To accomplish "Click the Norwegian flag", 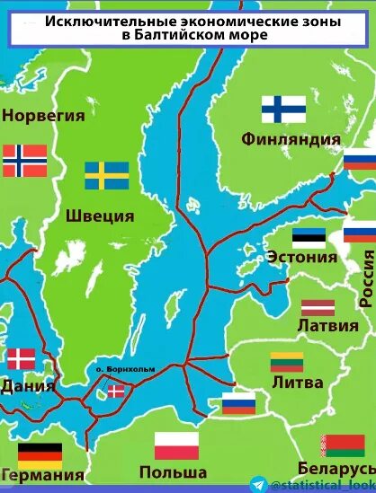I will point(24,161).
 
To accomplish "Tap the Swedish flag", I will point(107,175).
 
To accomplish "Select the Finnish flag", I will point(283,110).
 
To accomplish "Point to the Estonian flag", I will point(309,238).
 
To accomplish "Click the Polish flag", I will point(176,445).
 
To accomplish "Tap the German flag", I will point(40,455).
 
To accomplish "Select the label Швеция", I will point(100,216).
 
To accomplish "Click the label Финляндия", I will point(291,139).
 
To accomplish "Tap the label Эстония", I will point(302,257).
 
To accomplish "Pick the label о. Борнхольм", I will point(119,368).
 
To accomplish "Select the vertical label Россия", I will point(366,278).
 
